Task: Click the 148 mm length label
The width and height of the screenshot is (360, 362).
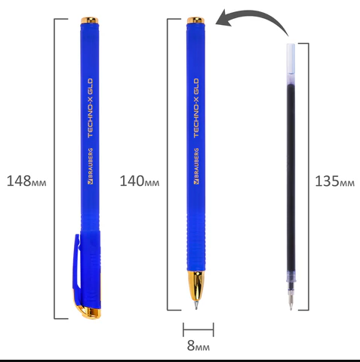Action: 26,181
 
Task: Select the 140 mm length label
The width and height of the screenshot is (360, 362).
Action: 140,181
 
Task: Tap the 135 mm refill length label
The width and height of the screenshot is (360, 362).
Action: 334,181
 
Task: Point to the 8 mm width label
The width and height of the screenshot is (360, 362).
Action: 198,345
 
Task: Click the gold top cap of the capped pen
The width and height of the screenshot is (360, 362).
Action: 90,20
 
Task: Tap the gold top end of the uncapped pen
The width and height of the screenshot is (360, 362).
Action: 195,20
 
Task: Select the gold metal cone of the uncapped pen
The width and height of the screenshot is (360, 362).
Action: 195,285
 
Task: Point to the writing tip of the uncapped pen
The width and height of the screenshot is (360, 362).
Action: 196,305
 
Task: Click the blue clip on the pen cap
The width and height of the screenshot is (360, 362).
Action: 77,262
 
